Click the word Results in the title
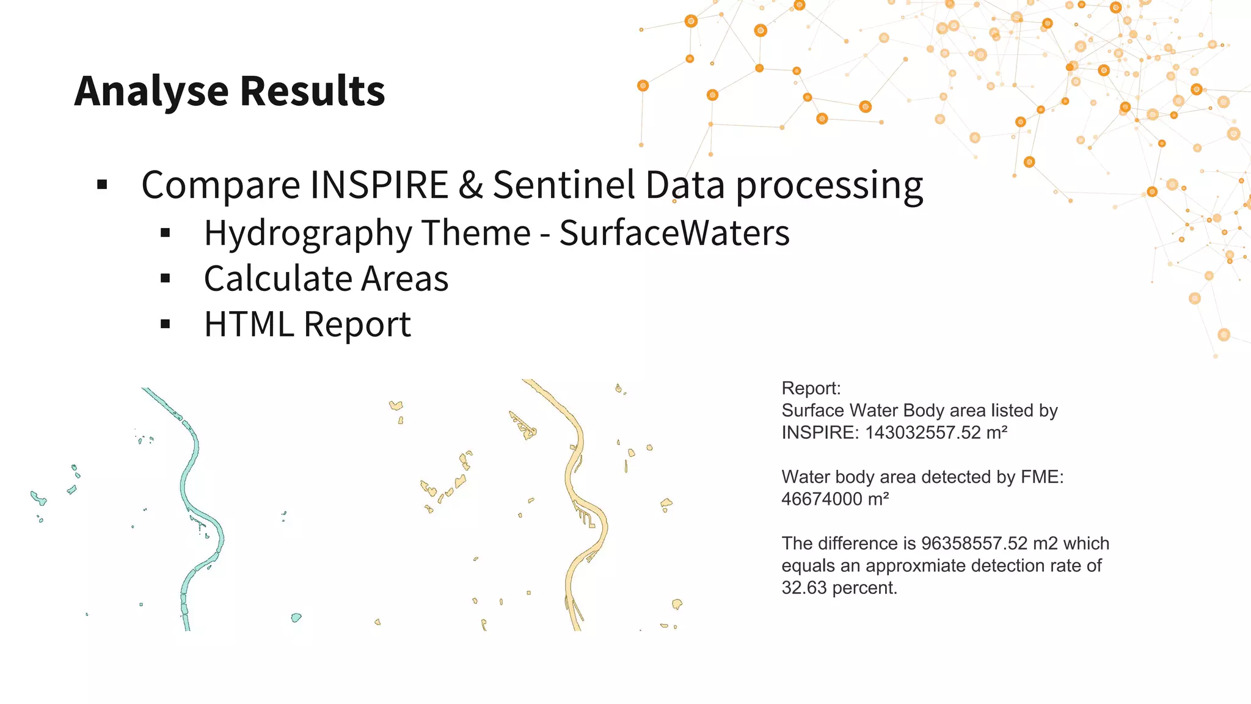pos(313,92)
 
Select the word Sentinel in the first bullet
pos(564,185)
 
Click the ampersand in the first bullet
pos(470,185)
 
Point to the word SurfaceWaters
pos(674,233)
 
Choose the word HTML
pos(249,324)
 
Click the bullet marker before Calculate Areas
pos(165,279)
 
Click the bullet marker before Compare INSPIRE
pos(102,185)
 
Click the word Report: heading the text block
pos(811,388)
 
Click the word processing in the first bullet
pos(829,186)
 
